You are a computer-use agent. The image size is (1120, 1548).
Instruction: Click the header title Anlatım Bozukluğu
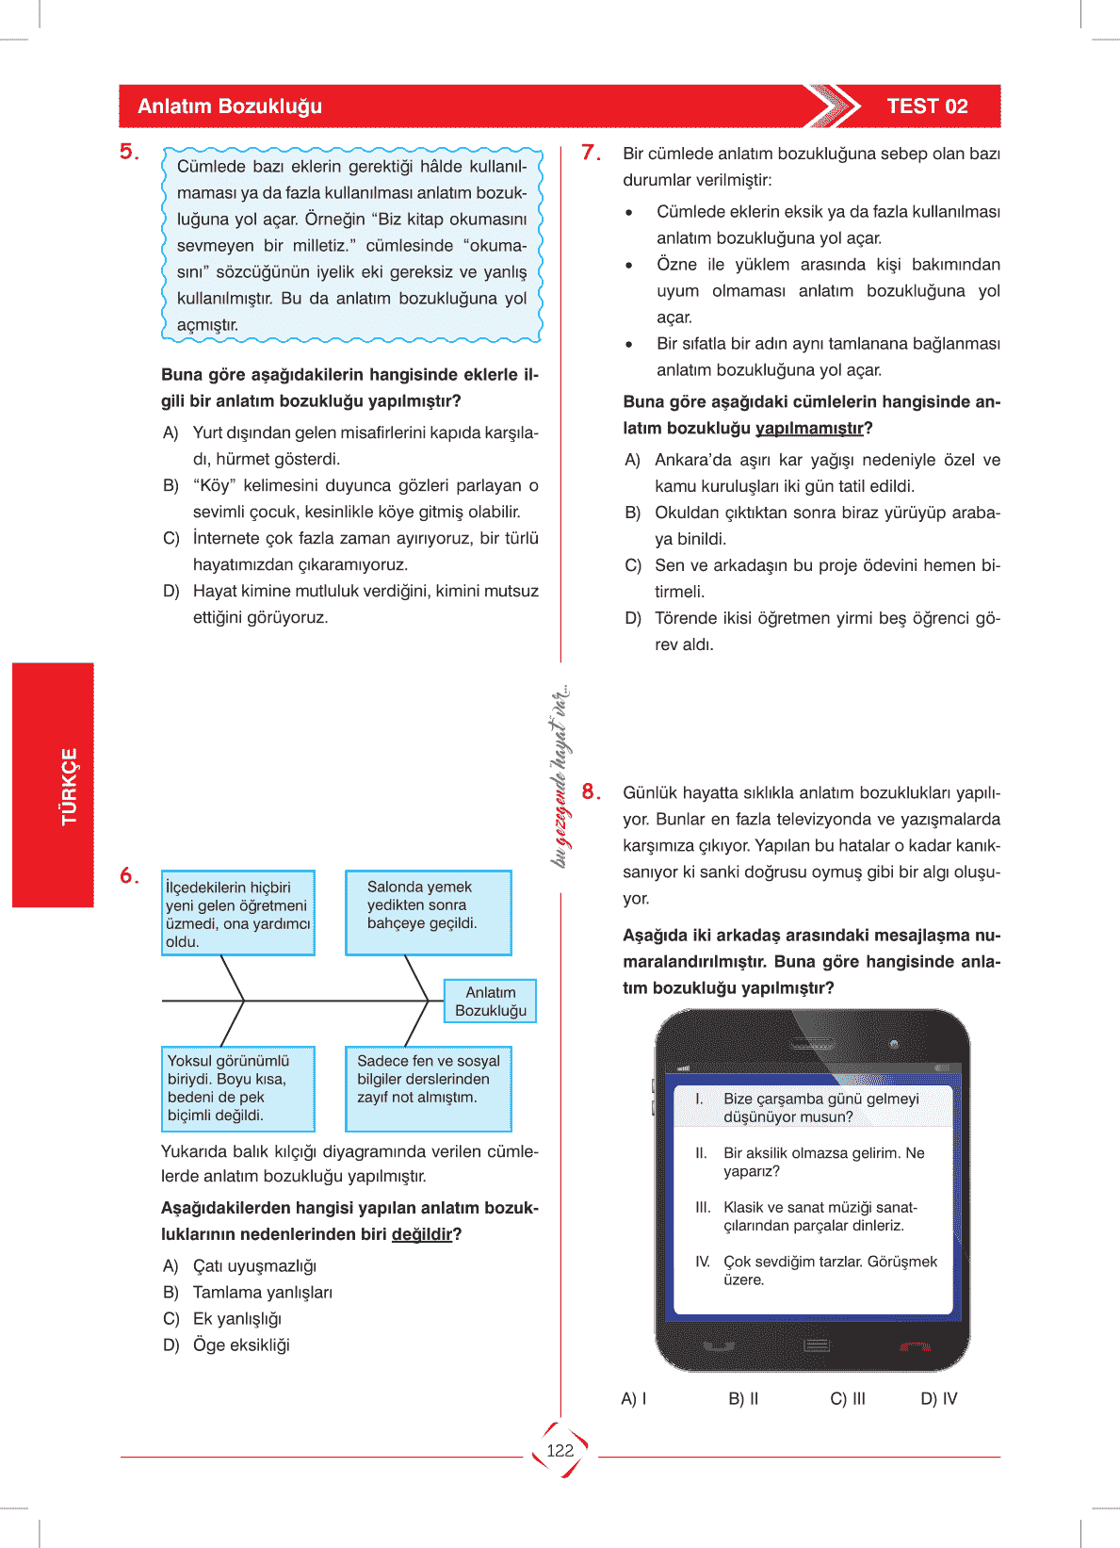pyautogui.click(x=230, y=106)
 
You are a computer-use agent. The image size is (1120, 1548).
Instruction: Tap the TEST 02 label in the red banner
pyautogui.click(x=927, y=106)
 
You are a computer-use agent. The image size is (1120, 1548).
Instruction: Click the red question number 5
pyautogui.click(x=129, y=152)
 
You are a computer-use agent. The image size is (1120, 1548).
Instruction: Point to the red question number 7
pyautogui.click(x=591, y=153)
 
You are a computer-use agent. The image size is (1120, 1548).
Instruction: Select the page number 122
pyautogui.click(x=560, y=1450)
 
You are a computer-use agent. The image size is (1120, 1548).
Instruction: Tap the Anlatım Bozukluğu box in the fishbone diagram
pyautogui.click(x=490, y=1002)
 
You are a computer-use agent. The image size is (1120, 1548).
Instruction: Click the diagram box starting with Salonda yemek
pyautogui.click(x=428, y=912)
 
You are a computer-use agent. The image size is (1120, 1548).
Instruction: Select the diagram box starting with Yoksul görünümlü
pyautogui.click(x=237, y=1088)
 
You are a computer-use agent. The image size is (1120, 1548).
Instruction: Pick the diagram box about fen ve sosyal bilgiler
pyautogui.click(x=428, y=1088)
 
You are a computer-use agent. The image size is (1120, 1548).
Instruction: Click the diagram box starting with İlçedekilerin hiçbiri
pyautogui.click(x=237, y=913)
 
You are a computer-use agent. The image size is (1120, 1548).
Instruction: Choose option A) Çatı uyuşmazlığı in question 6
pyautogui.click(x=240, y=1266)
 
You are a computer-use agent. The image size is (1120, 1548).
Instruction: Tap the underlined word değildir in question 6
pyautogui.click(x=421, y=1234)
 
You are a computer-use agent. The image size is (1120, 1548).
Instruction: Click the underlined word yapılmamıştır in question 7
pyautogui.click(x=809, y=429)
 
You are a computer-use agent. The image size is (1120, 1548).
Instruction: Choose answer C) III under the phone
pyautogui.click(x=847, y=1399)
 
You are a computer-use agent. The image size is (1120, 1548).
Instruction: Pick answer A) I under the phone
pyautogui.click(x=633, y=1399)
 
